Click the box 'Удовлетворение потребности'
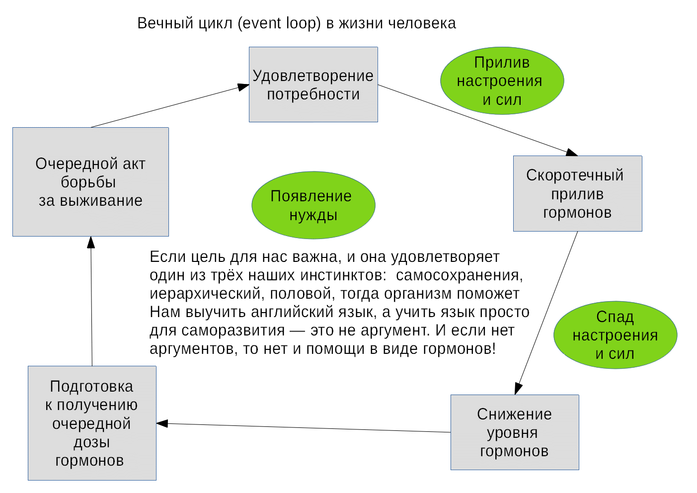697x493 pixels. pos(313,84)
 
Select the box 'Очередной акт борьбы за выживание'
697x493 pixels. pos(91,182)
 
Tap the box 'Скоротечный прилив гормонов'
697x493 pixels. pos(577,193)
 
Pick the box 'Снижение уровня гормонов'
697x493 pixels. pos(514,432)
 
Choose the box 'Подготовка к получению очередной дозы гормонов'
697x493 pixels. pos(92,423)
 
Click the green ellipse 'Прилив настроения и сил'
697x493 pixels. pos(502,81)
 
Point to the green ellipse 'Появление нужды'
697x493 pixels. pos(313,205)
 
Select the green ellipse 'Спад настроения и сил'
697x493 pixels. pos(615,335)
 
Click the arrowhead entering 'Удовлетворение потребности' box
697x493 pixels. pos(243,87)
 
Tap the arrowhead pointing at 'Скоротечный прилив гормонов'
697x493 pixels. pos(571,152)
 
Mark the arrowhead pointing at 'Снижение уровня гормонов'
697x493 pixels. pos(518,388)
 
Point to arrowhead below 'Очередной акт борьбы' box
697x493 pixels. pos(91,243)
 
